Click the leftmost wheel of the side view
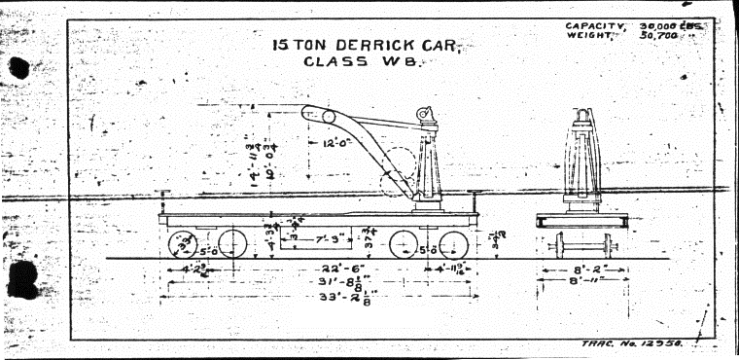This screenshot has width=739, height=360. tap(182, 243)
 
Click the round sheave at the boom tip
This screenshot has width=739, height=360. tap(330, 117)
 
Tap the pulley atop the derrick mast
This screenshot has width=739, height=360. tap(425, 116)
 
